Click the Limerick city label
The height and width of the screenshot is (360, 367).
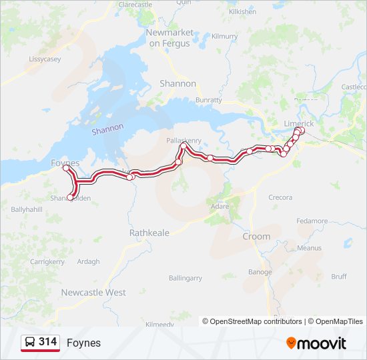point(298,124)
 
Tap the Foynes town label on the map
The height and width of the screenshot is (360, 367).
point(65,163)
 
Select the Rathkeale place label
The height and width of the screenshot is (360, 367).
point(149,233)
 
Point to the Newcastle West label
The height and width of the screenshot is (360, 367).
point(93,292)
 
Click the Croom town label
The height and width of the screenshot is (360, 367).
point(256,236)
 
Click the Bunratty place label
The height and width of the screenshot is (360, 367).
point(209,100)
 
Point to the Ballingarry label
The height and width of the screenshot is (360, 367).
point(185,277)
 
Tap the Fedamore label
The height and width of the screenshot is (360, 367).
point(312,221)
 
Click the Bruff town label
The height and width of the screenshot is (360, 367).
point(339,276)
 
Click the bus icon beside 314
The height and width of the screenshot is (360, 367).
point(30,342)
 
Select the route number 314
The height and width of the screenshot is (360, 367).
point(47,342)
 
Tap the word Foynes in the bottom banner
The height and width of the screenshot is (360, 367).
point(83,343)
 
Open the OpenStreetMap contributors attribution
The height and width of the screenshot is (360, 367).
point(256,321)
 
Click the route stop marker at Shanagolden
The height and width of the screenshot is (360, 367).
point(70,197)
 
